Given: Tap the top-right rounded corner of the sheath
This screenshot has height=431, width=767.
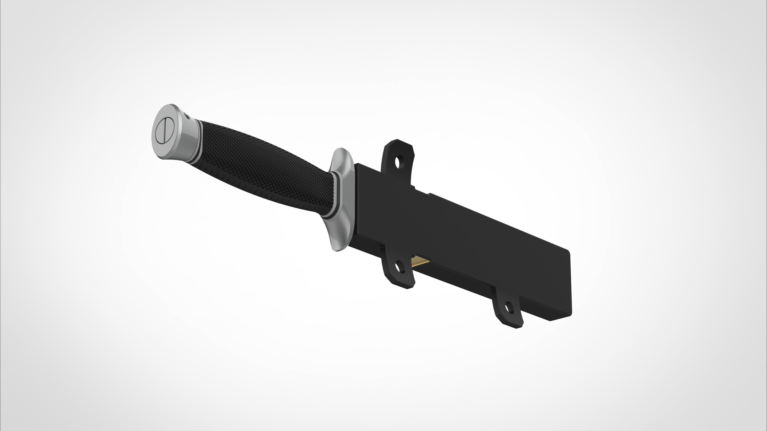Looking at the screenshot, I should [x=567, y=252].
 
